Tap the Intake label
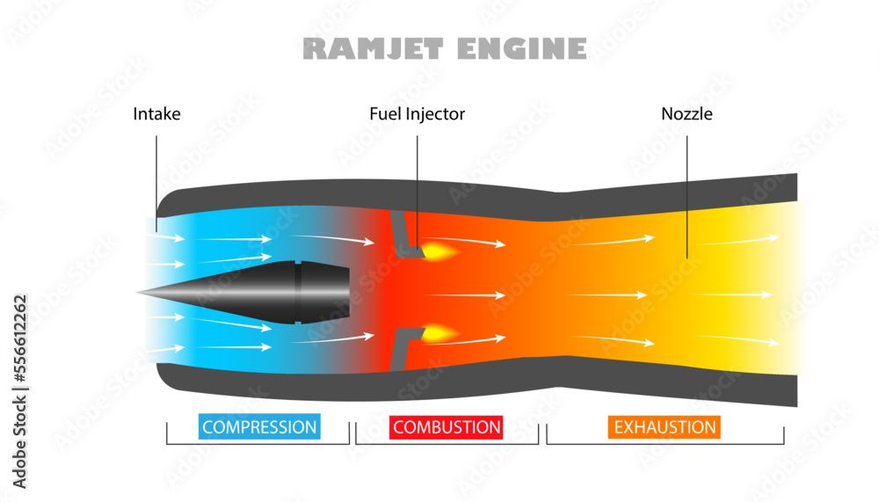(x=156, y=113)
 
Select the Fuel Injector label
(x=417, y=113)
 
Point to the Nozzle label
(x=686, y=113)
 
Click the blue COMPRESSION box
(x=259, y=427)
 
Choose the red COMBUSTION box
(x=447, y=427)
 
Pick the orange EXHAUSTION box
(x=664, y=427)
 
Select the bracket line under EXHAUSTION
(x=665, y=444)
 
